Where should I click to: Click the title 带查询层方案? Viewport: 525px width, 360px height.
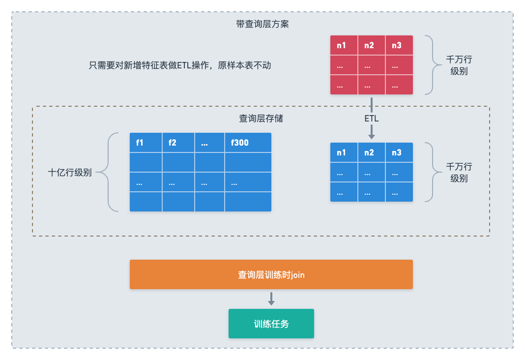(262, 24)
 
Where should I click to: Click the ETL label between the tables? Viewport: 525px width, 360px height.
(371, 119)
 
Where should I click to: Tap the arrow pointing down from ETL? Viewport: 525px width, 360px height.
(372, 132)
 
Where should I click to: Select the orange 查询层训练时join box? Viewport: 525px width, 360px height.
(271, 274)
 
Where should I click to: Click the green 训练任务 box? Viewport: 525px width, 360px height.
(271, 324)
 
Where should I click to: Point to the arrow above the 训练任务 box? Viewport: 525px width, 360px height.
(271, 299)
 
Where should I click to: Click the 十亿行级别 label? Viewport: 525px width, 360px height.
(70, 173)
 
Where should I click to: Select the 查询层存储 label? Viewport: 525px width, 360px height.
(261, 119)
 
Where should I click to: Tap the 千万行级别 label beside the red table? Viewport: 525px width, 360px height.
(459, 65)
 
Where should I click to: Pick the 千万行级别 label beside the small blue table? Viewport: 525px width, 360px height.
(459, 173)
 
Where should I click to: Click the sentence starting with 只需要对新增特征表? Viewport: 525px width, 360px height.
(179, 65)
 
